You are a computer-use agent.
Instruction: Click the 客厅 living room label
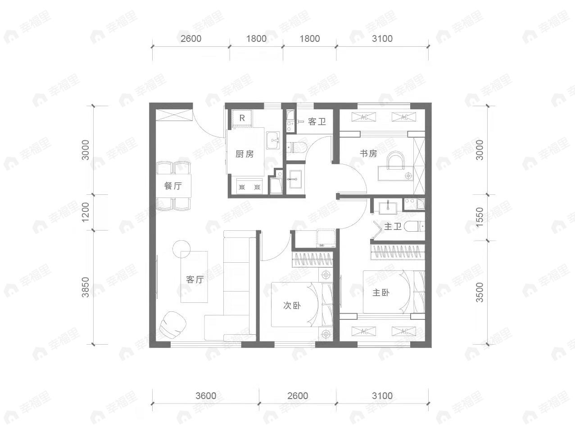click(x=195, y=279)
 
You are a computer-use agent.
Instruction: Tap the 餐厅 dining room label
click(x=172, y=186)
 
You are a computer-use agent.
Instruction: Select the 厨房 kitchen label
click(x=244, y=154)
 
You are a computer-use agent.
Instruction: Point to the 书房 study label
click(x=368, y=153)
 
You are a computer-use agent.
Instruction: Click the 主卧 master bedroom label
click(x=380, y=292)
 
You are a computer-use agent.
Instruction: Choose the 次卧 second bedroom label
click(x=292, y=305)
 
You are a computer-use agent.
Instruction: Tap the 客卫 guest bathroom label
click(x=317, y=121)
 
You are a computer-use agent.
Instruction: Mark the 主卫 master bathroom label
click(x=393, y=226)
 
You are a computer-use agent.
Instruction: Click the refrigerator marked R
click(x=242, y=118)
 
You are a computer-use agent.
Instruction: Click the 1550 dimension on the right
click(x=480, y=217)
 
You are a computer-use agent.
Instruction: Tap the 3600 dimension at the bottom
click(x=206, y=396)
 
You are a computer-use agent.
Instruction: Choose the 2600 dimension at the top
click(x=190, y=39)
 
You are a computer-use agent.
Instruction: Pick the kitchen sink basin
click(x=273, y=140)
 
